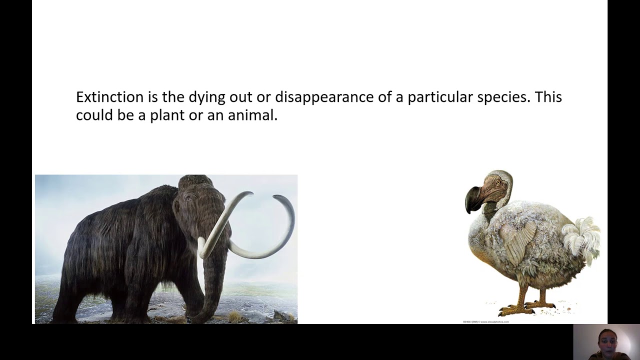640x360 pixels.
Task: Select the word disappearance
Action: click(324, 97)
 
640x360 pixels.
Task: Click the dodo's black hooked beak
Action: click(472, 199)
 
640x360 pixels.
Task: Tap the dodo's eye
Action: click(497, 182)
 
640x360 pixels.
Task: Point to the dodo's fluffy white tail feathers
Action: click(582, 237)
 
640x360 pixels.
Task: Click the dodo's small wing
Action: click(520, 245)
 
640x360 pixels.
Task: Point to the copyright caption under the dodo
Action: click(485, 322)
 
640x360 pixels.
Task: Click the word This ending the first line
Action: click(548, 97)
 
